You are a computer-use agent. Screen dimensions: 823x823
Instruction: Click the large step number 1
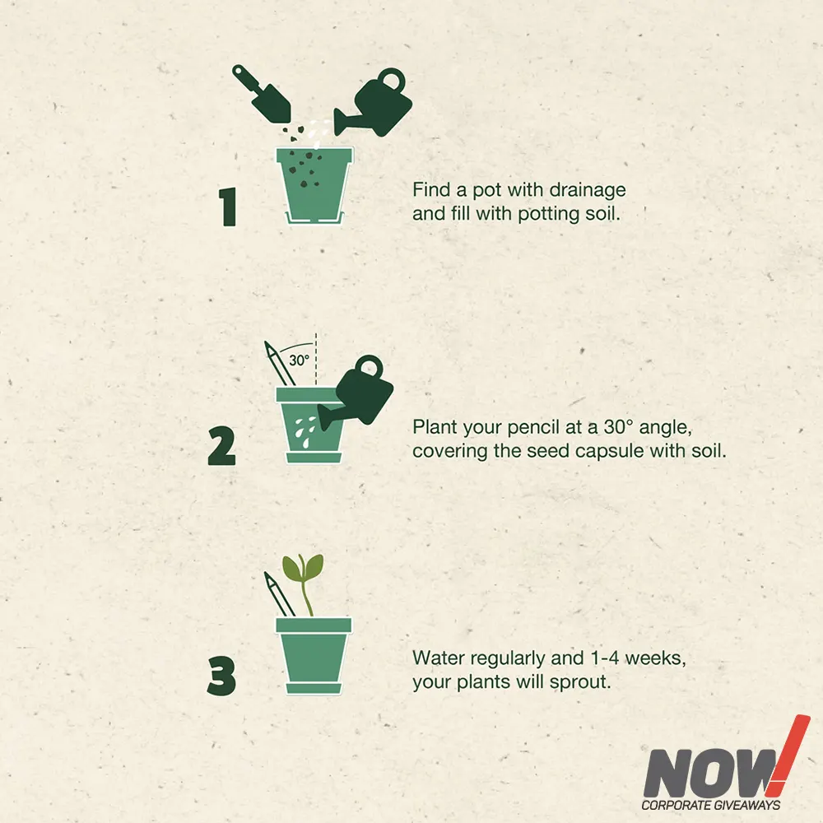click(228, 207)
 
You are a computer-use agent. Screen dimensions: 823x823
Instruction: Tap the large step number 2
click(222, 446)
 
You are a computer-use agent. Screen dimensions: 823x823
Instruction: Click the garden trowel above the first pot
click(262, 94)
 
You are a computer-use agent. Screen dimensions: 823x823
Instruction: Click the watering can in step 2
click(357, 391)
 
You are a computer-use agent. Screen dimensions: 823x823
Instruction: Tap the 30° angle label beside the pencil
click(300, 360)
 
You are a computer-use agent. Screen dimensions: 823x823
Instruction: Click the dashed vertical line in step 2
click(315, 360)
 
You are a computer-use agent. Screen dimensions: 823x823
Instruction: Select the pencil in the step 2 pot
click(279, 365)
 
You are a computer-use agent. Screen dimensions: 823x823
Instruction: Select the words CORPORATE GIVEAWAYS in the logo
click(711, 805)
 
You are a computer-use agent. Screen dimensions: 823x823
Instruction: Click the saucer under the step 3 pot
click(314, 689)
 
